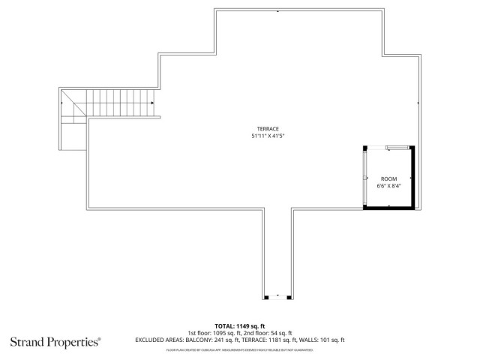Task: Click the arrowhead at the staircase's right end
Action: pyautogui.click(x=152, y=103)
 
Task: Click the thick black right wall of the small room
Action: pyautogui.click(x=410, y=177)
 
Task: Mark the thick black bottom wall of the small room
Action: pyautogui.click(x=387, y=206)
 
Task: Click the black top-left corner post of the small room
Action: pyautogui.click(x=365, y=149)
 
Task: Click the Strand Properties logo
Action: pyautogui.click(x=55, y=342)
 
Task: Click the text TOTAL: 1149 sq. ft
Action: pyautogui.click(x=240, y=326)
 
